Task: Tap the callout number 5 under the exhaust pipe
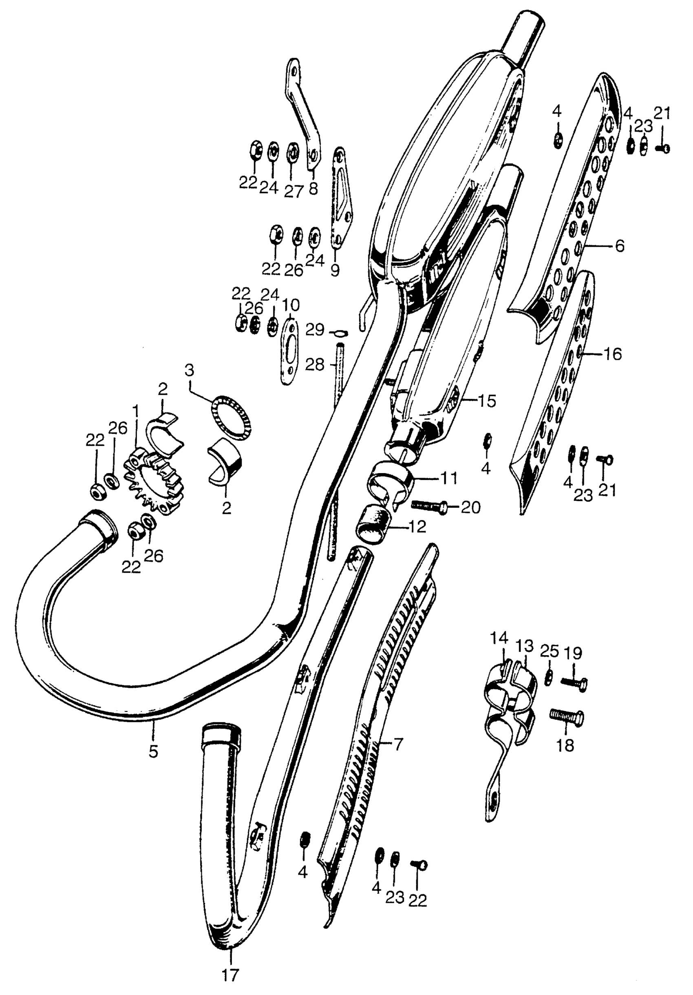coord(153,752)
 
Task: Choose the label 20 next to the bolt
coord(470,507)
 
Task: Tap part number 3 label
coord(190,371)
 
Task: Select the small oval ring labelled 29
coord(338,333)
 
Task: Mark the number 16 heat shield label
coord(612,354)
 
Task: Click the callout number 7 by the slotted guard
coord(398,745)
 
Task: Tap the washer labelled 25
coord(548,678)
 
